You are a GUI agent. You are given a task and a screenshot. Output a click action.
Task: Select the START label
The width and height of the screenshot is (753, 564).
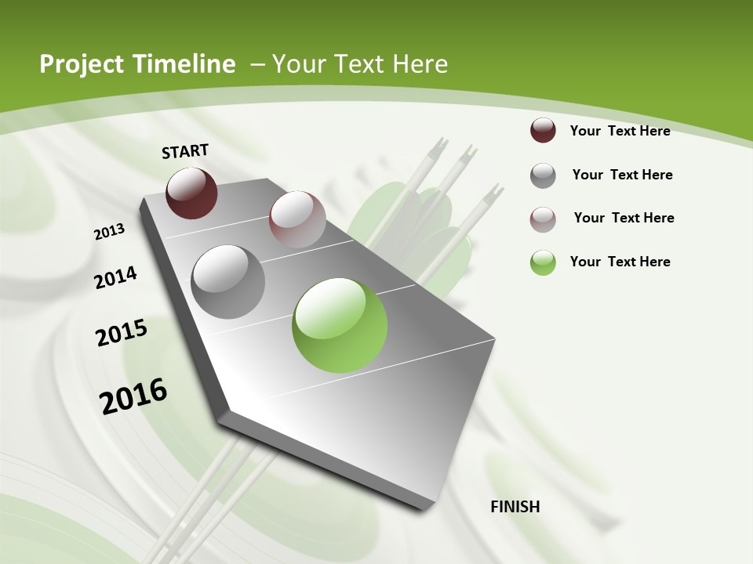185,151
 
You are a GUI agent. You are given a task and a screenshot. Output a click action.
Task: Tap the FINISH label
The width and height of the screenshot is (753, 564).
515,507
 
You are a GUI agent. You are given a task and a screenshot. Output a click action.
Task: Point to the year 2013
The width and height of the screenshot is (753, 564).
110,232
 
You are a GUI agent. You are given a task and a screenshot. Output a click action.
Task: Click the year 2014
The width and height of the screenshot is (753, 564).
116,277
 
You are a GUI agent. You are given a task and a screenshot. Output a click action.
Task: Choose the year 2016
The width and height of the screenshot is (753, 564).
133,396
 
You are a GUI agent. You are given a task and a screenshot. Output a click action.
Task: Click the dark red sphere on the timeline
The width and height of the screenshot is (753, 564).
191,193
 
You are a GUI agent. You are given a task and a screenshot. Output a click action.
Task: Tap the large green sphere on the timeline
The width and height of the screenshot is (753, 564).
340,325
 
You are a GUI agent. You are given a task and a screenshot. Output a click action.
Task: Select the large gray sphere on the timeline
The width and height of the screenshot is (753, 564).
228,282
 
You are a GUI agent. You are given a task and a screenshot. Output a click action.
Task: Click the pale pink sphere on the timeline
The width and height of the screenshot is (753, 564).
297,219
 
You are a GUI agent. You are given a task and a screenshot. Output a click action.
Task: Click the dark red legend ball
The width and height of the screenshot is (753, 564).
543,130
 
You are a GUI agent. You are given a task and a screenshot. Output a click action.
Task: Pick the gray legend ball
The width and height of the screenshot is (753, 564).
543,175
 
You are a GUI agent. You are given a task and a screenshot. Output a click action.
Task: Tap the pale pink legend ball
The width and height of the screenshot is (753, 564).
543,219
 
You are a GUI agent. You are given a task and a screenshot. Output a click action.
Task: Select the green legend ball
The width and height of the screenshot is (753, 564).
543,262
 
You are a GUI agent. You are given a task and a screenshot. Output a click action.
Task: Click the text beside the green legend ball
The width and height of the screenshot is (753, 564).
620,262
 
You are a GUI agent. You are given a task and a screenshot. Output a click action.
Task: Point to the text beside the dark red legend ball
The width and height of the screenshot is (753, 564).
620,131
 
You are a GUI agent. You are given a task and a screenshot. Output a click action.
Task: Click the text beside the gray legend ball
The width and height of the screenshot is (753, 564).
622,175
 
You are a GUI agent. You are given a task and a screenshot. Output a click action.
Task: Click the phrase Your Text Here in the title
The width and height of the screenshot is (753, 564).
360,64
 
